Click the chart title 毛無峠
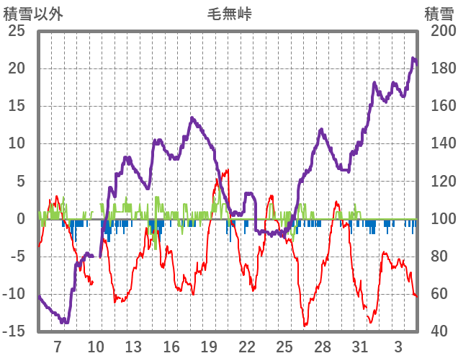point(230,14)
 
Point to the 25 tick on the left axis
point(16,31)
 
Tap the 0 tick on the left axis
point(20,218)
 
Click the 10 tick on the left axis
point(16,143)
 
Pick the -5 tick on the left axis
point(17,256)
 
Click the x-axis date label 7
point(58,347)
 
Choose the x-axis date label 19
point(209,347)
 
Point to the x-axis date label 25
point(284,347)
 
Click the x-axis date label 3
point(398,347)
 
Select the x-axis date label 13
point(133,347)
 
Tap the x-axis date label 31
point(360,347)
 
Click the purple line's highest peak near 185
point(413,59)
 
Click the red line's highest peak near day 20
point(228,171)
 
